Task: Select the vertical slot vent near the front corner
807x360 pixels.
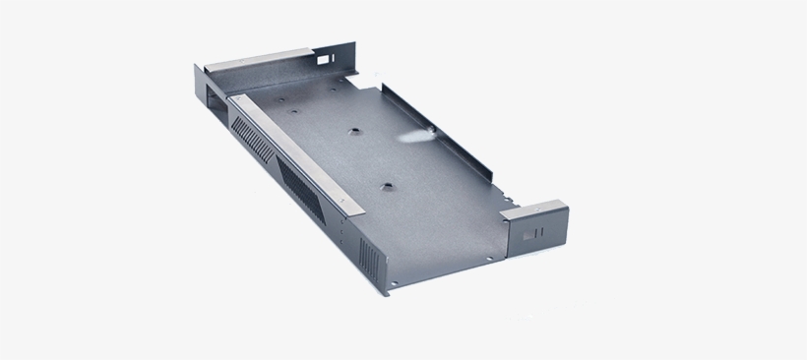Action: [x=369, y=258]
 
